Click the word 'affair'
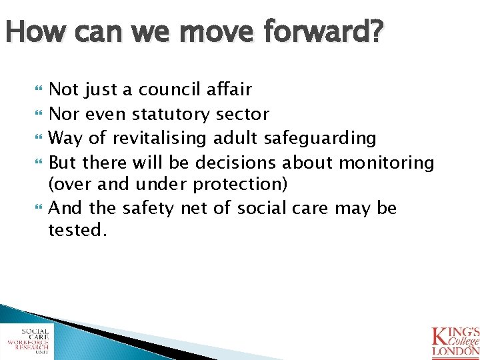tap(229, 89)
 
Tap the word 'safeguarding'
tap(320, 139)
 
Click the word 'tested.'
tap(77, 231)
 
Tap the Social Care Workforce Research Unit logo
tap(27, 341)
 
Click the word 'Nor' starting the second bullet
tap(63, 115)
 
